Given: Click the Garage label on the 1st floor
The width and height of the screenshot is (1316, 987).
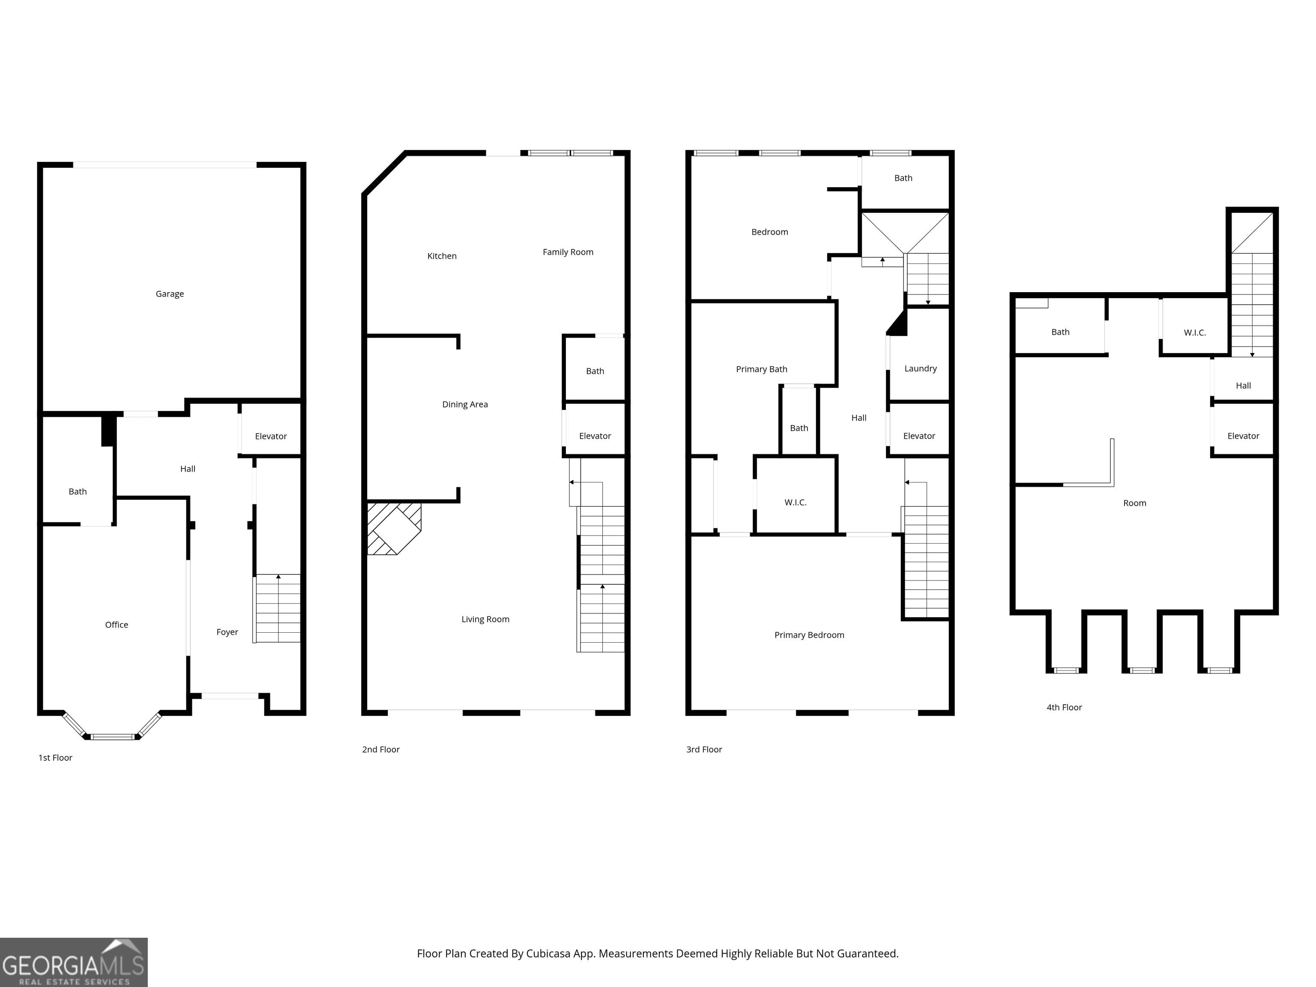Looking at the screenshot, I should click(170, 294).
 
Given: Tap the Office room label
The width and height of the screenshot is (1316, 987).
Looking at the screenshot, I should click(117, 625).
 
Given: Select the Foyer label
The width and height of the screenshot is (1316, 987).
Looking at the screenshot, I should click(227, 632).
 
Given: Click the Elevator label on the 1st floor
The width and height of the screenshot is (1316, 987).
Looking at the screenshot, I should click(271, 436).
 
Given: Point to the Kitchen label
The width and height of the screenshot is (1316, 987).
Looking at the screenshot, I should click(442, 256).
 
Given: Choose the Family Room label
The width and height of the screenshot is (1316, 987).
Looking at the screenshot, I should click(568, 252).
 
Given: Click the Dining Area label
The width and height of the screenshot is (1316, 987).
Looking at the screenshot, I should click(465, 404).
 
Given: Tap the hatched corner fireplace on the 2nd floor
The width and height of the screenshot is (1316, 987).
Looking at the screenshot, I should click(393, 528).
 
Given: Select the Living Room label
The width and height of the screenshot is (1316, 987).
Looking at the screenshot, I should click(485, 619).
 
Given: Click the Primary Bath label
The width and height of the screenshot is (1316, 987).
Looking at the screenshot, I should click(762, 369).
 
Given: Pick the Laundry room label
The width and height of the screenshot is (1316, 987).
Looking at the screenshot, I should click(920, 369).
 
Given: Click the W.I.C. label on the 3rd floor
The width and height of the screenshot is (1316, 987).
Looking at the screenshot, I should click(796, 503).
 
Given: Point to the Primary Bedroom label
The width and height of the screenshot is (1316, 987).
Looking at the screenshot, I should click(809, 635).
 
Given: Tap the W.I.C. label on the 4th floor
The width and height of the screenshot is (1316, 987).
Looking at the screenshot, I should click(1195, 332).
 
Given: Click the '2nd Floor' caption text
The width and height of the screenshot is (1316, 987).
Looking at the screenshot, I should click(381, 750).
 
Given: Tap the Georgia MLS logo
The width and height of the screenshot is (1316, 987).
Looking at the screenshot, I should click(74, 963).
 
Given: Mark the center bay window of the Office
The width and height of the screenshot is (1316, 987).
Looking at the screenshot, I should click(113, 736).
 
